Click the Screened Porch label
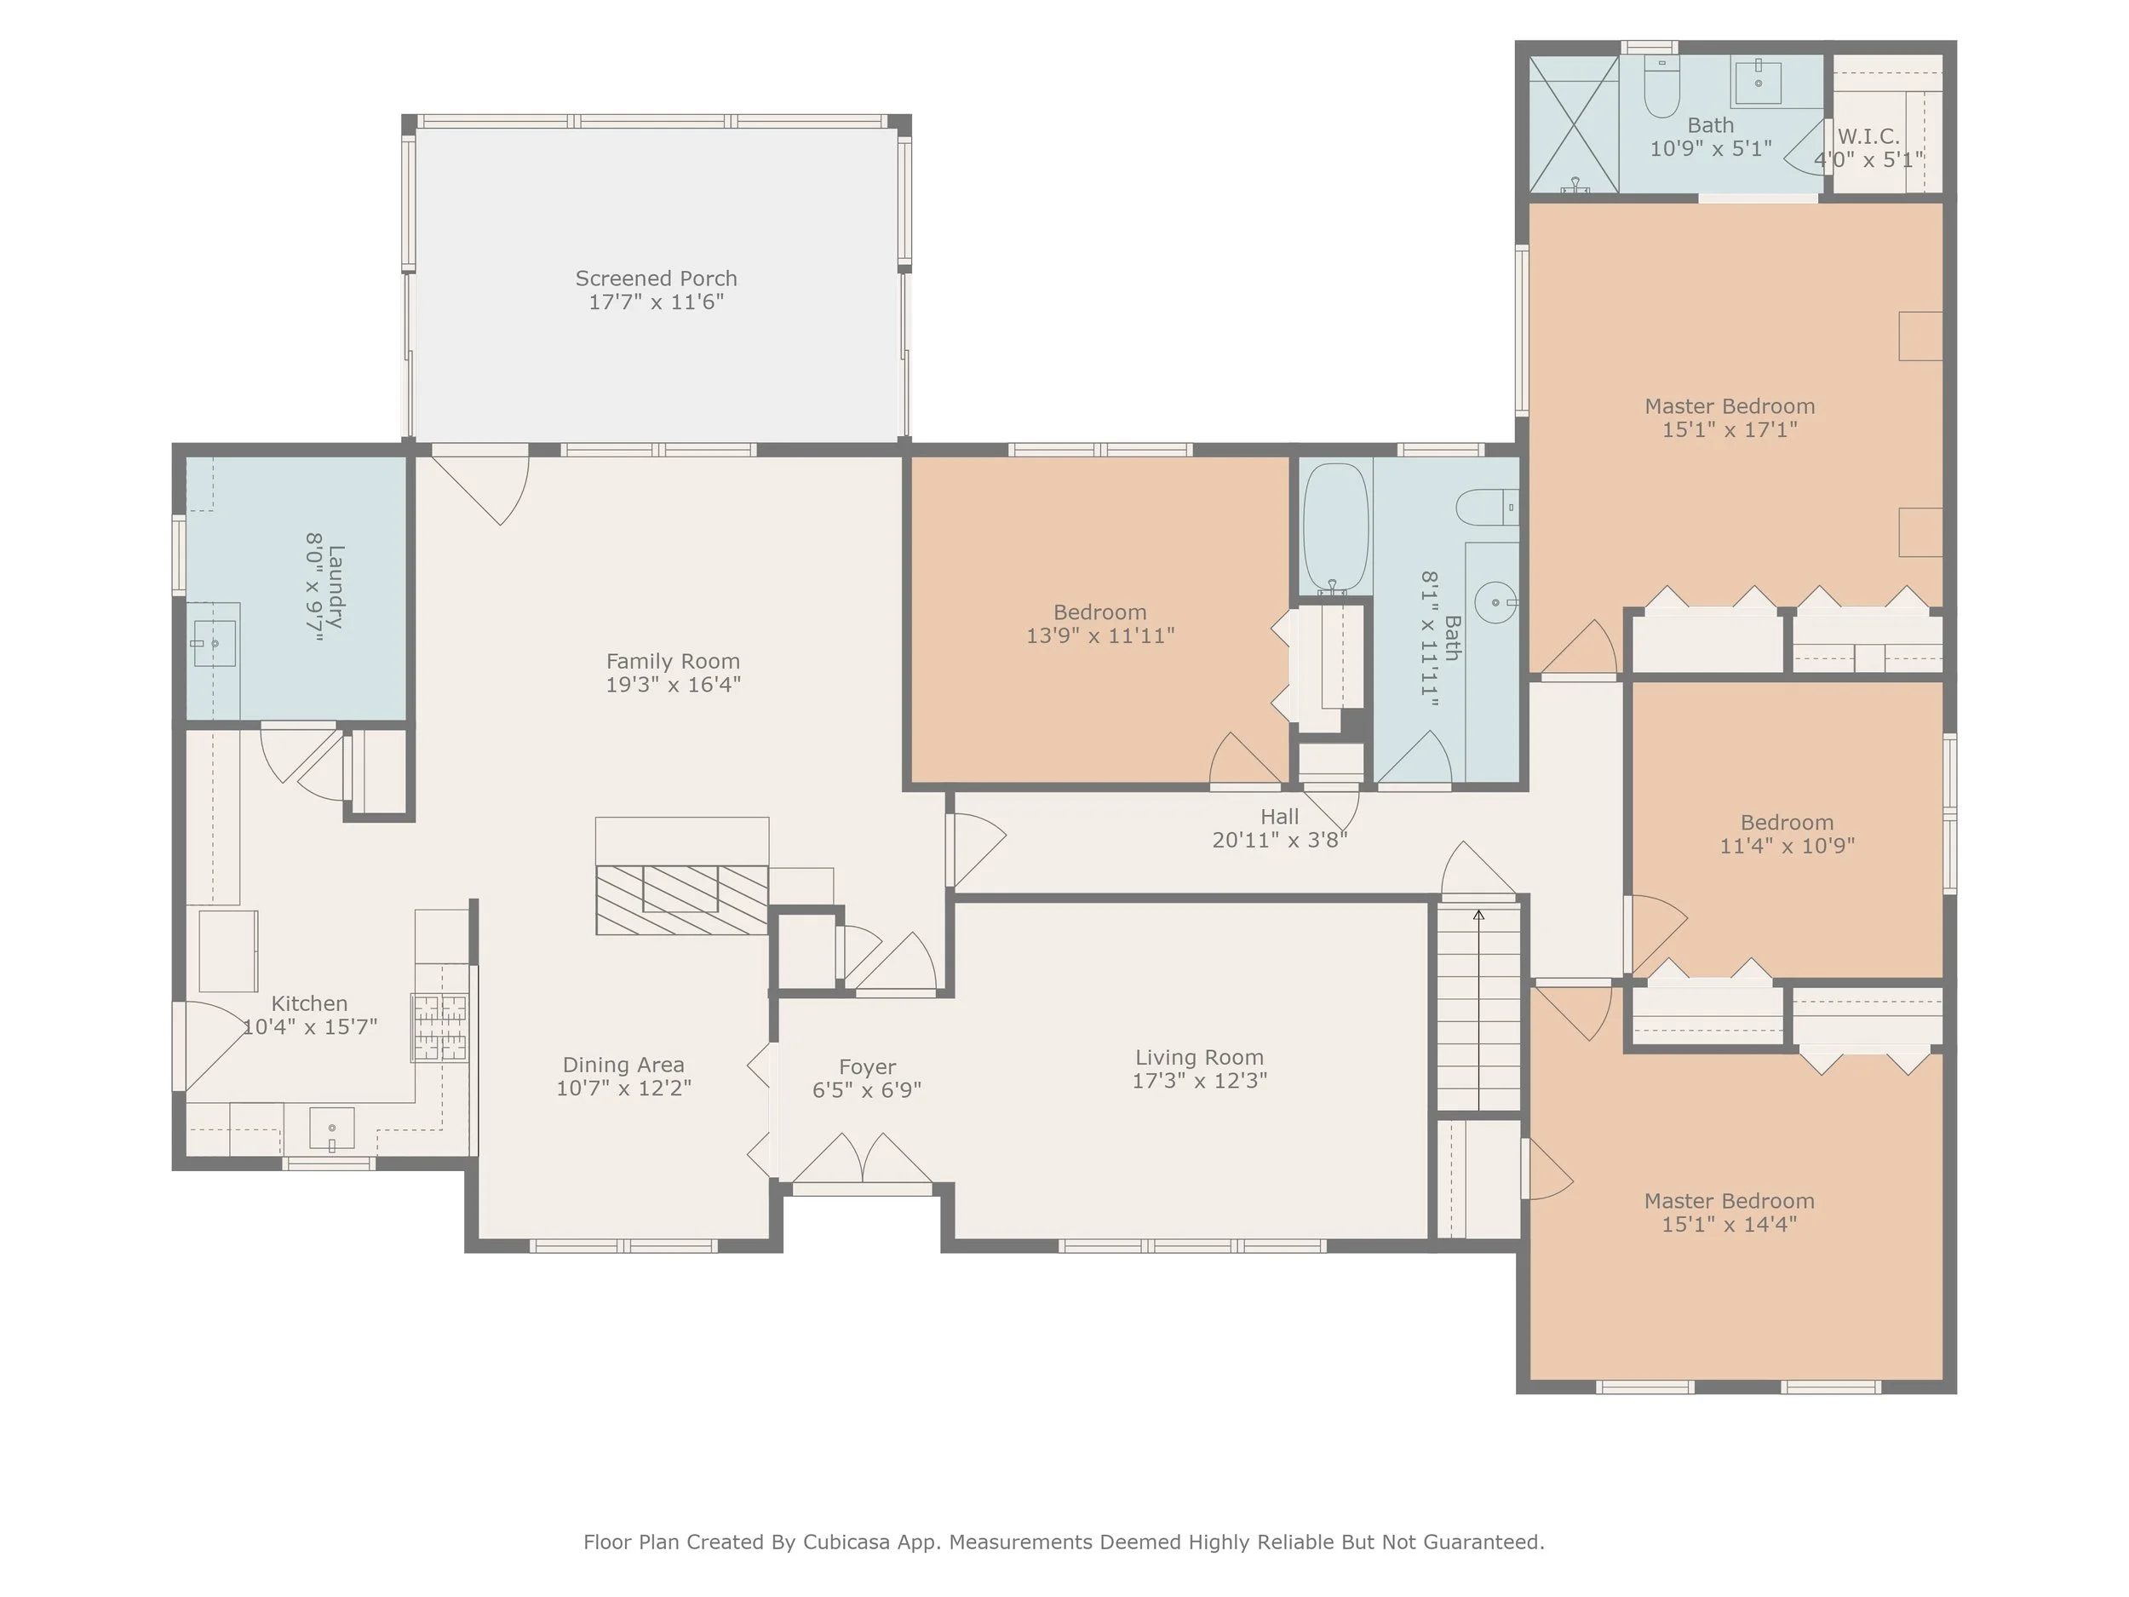click(x=657, y=279)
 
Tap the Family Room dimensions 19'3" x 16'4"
click(x=673, y=685)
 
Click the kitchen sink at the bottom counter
click(x=332, y=1129)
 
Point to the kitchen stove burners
click(x=440, y=1027)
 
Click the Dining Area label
click(x=623, y=1066)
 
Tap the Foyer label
click(x=867, y=1067)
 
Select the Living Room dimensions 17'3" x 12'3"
click(x=1199, y=1080)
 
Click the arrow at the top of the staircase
click(x=1478, y=915)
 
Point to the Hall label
click(x=1279, y=816)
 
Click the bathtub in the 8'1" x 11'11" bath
click(x=1336, y=526)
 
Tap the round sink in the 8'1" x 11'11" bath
click(x=1496, y=603)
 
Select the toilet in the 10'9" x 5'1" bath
click(x=1662, y=89)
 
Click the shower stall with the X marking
click(x=1575, y=124)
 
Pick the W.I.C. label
click(x=1868, y=136)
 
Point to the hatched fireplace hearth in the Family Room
click(x=681, y=900)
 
